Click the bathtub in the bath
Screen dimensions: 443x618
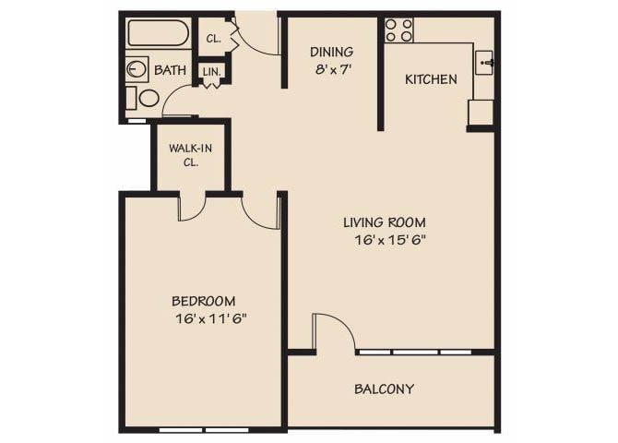159,34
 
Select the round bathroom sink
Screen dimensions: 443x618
137,68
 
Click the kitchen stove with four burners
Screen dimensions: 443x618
399,30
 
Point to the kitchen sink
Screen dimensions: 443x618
485,63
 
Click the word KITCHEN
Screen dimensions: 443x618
431,79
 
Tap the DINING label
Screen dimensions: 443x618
331,52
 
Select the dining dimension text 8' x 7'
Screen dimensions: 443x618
331,68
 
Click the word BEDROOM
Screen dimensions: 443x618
204,301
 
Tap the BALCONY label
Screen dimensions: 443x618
384,389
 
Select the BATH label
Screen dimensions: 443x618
171,70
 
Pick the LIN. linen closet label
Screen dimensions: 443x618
211,71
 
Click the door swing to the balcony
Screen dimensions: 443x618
333,331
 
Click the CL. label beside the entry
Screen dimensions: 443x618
214,39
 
